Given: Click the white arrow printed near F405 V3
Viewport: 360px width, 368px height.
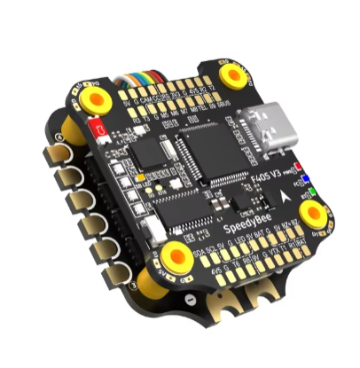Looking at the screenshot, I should pos(284,193).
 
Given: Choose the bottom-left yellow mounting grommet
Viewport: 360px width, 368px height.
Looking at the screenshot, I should pos(169,256).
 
